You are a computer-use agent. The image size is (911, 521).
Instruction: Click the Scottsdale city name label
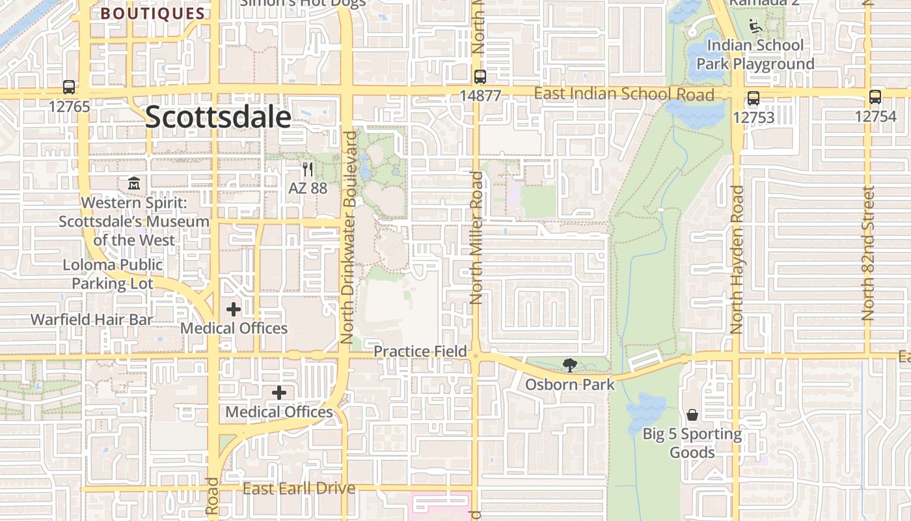point(217,117)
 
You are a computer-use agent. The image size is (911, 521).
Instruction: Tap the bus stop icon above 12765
point(69,87)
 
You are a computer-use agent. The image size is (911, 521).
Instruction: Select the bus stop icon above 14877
point(480,76)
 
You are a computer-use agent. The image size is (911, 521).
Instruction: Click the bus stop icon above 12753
point(753,98)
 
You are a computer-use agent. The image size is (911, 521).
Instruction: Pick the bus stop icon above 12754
point(875,97)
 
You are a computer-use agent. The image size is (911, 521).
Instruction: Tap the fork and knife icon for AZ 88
point(308,169)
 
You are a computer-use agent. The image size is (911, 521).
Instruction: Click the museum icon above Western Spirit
point(134,183)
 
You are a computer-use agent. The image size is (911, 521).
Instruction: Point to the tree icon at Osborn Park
point(570,365)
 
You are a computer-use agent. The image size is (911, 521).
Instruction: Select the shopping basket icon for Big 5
point(692,415)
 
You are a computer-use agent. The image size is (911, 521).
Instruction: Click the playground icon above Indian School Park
point(755,27)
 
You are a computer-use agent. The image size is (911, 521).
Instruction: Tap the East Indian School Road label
point(623,94)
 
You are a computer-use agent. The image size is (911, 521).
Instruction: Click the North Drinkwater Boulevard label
point(349,238)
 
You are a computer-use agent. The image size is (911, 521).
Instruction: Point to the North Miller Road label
point(476,238)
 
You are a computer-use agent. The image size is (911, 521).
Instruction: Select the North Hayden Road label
point(737,259)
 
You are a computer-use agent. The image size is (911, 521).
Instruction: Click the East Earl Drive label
point(299,488)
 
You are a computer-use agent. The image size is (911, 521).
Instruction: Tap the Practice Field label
point(420,352)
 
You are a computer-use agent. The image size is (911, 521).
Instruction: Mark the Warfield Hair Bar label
point(92,320)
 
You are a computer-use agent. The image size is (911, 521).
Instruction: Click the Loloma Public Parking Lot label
point(113,274)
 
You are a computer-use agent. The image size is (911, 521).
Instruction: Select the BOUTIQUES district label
point(153,14)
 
